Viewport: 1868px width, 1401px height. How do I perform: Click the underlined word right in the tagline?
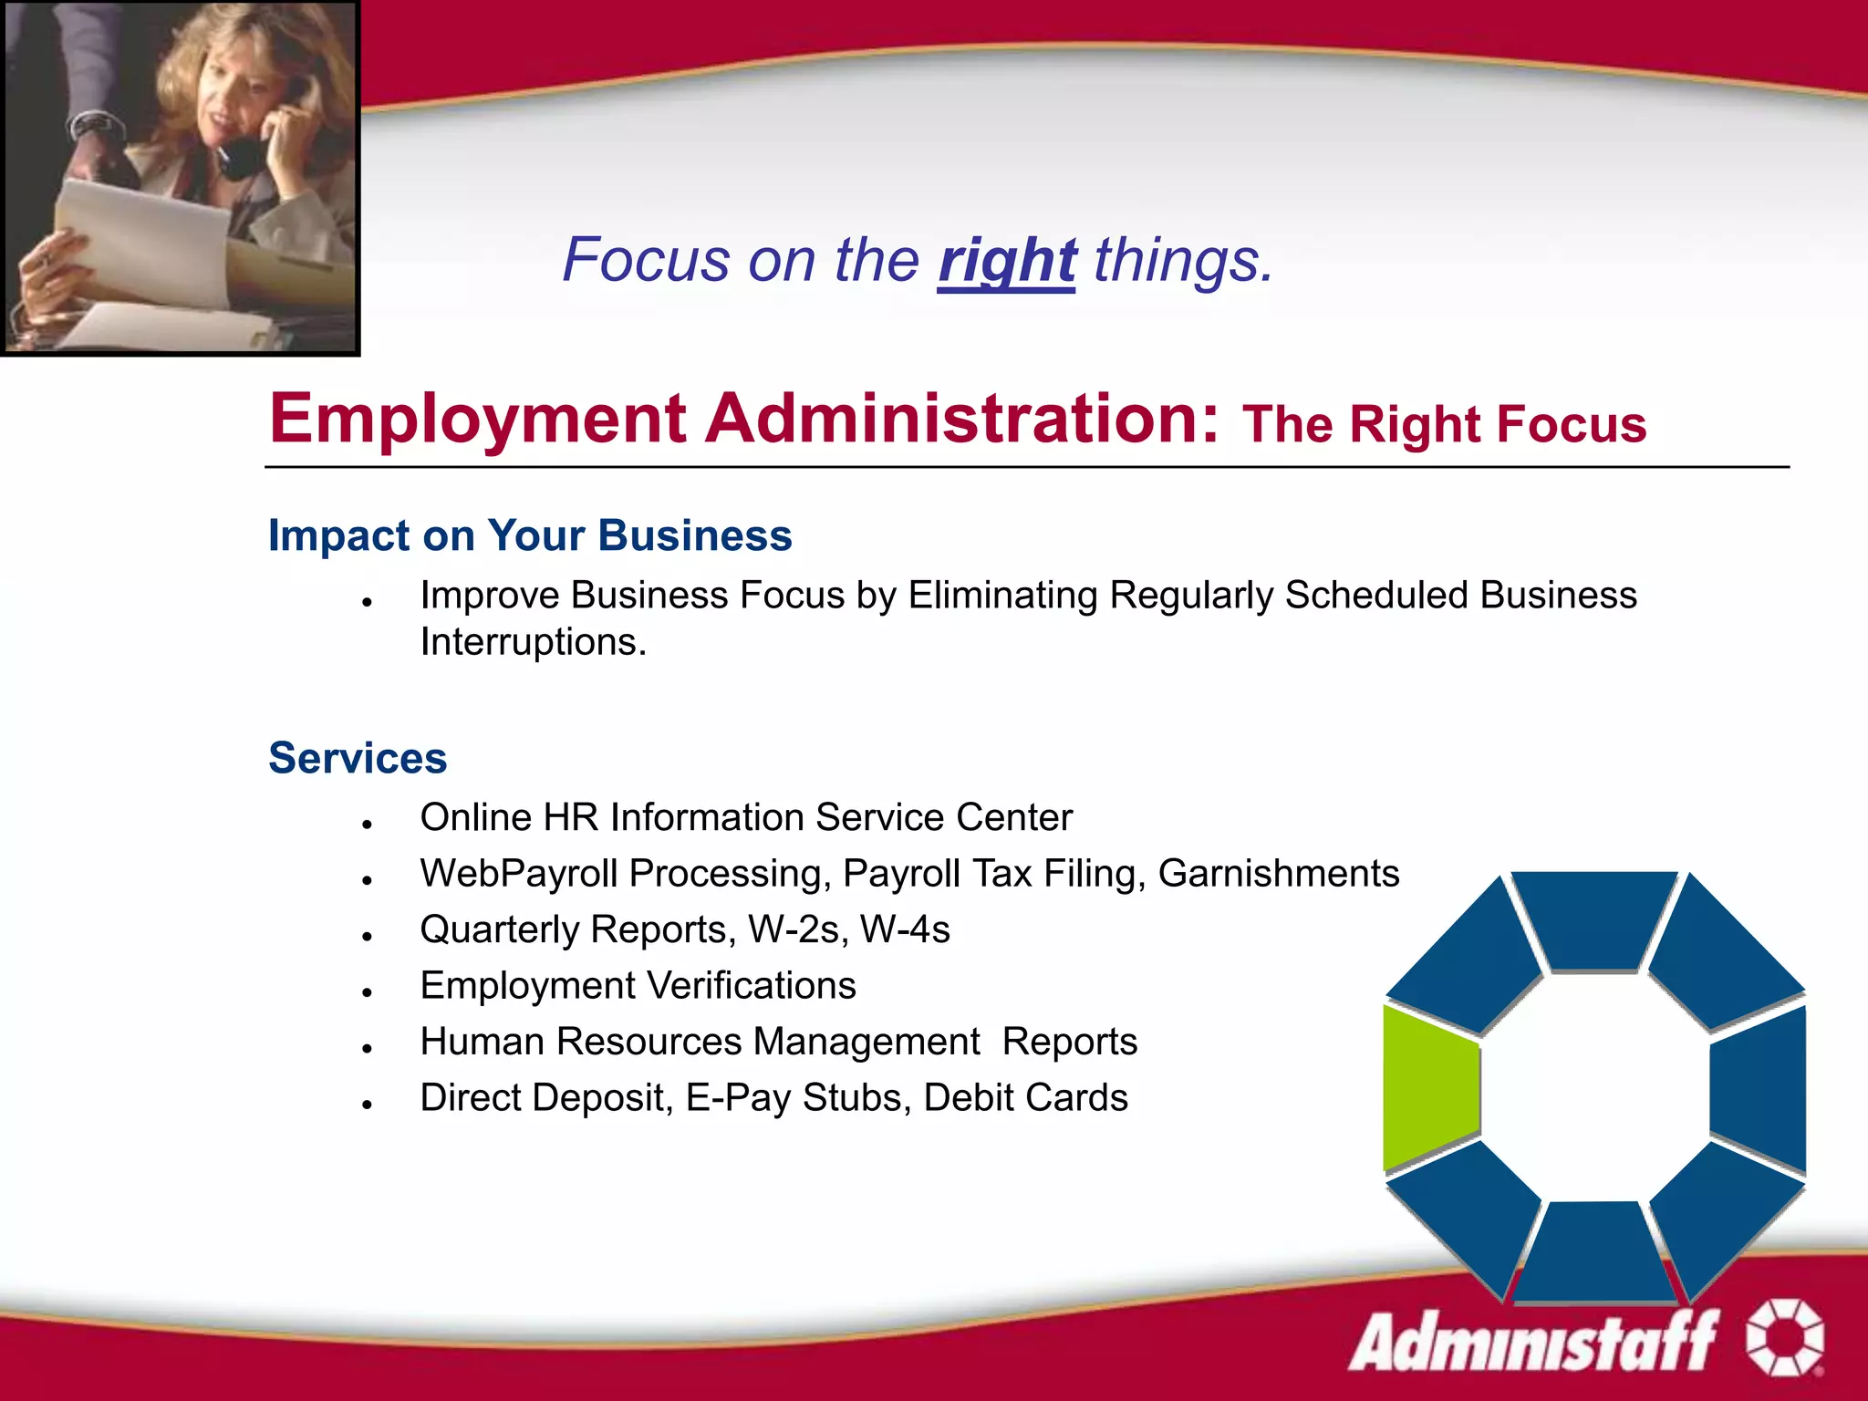[1006, 262]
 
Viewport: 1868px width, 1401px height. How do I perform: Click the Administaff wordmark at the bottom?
[1532, 1341]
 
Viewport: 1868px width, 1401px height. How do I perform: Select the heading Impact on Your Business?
[530, 535]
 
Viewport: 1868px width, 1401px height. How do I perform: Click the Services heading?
[358, 758]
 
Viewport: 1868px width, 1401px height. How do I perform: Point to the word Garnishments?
[1278, 874]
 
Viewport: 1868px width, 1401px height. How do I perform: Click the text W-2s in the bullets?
[797, 930]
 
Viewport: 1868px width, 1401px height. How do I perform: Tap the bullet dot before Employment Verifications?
[367, 993]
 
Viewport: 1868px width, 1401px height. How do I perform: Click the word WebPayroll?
[518, 874]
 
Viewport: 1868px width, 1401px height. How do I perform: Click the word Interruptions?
[533, 643]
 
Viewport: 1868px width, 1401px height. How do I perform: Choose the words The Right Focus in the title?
[1444, 425]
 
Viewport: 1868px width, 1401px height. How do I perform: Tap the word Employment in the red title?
[478, 419]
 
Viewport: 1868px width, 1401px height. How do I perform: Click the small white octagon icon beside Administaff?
[1784, 1337]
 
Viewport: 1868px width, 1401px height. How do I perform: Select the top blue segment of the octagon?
[1593, 917]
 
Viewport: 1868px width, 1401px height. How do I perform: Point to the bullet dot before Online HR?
[367, 825]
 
